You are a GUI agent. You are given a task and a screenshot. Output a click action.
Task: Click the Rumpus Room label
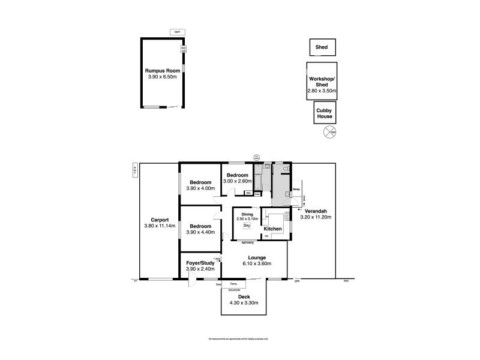click(163, 71)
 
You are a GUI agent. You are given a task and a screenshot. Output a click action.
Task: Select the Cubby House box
click(325, 112)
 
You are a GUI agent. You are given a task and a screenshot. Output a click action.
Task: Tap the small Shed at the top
click(322, 46)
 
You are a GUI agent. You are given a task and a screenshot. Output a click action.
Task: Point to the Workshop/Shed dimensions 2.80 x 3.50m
click(322, 91)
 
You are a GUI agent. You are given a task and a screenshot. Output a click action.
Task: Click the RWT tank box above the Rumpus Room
click(177, 32)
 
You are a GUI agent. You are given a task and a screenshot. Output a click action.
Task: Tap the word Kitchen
click(273, 229)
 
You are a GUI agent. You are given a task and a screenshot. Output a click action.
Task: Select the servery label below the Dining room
click(247, 242)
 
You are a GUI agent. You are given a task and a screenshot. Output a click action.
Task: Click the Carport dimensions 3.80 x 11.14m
click(160, 226)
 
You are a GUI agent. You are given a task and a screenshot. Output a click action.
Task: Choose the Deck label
click(244, 296)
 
